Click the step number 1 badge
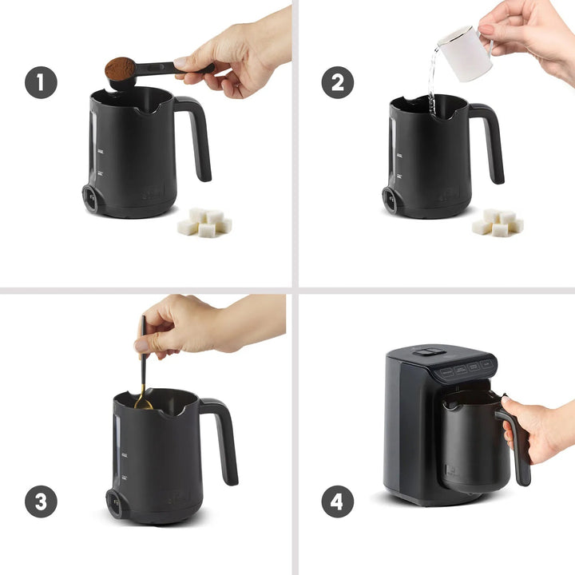[x=41, y=82]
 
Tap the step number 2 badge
[x=338, y=82]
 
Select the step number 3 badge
[x=41, y=501]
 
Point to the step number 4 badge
[x=338, y=501]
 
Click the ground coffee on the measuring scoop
[x=120, y=68]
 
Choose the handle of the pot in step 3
[x=224, y=439]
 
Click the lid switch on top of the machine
[x=430, y=351]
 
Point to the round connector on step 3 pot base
[x=117, y=504]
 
